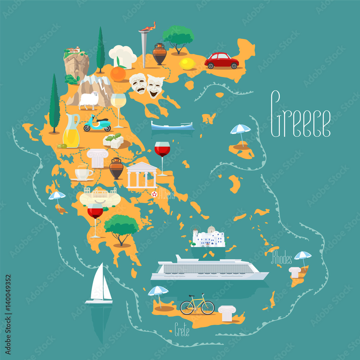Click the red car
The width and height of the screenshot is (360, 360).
point(221,60)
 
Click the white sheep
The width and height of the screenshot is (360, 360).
point(89,100)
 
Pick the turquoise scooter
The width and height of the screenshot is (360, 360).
point(97,123)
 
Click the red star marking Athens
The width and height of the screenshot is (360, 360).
point(154,194)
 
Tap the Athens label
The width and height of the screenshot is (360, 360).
point(166,195)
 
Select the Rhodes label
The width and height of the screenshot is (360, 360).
point(281,258)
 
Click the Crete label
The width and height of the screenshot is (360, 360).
point(182,330)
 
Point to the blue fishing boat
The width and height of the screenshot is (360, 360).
point(172,126)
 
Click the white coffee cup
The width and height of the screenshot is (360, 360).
point(83,174)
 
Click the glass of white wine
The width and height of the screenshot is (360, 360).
point(118,108)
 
